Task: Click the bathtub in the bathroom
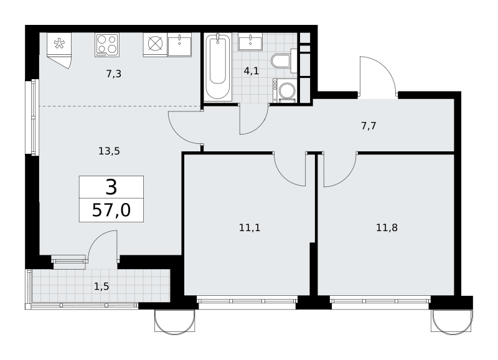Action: point(218,67)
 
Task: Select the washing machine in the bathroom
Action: point(284,90)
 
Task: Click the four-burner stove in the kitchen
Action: point(107,45)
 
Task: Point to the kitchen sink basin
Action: point(179,45)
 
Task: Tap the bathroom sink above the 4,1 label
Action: point(250,42)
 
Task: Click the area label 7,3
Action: point(114,74)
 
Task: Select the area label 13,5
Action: point(109,151)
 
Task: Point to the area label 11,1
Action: point(250,227)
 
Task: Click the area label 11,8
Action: point(387,227)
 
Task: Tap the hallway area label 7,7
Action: point(369,126)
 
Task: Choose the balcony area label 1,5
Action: point(101,287)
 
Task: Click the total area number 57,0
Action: point(111,210)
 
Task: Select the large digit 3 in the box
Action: point(111,187)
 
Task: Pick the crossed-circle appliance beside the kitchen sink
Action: point(155,45)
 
